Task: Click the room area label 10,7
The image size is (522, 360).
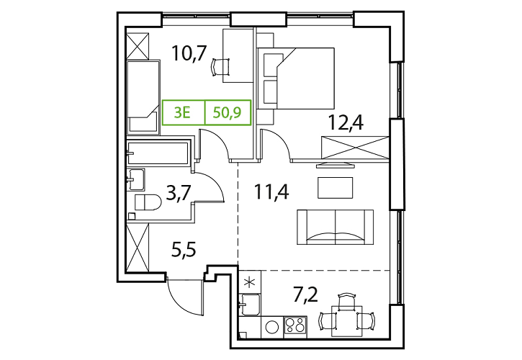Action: (190, 53)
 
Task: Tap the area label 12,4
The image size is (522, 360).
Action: (346, 122)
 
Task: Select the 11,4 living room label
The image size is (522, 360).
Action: (271, 192)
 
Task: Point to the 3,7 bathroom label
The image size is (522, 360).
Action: (179, 194)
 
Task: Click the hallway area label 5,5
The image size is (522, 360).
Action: (184, 249)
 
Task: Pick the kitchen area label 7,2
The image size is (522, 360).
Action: (305, 294)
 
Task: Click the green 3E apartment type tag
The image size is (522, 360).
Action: (182, 113)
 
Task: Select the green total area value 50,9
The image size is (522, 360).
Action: (227, 113)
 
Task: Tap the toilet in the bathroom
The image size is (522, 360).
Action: (148, 202)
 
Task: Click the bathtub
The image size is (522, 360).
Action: (158, 153)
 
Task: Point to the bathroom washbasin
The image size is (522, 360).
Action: (136, 179)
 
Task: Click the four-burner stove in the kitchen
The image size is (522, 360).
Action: (295, 325)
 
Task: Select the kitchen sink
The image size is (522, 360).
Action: (250, 304)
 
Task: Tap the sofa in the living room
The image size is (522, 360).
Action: (335, 227)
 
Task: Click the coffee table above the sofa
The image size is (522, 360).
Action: (336, 188)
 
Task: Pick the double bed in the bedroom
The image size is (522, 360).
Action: (296, 78)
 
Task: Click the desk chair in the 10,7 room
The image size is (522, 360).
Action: (220, 67)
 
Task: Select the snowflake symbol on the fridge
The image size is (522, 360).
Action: (249, 282)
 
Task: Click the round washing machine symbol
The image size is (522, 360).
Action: (272, 327)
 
